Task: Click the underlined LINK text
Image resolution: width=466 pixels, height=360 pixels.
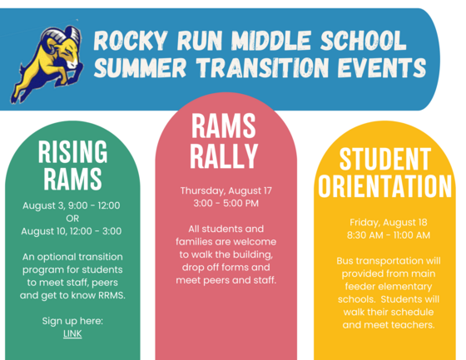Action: (x=72, y=334)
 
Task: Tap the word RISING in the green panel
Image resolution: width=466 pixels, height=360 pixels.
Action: (x=72, y=152)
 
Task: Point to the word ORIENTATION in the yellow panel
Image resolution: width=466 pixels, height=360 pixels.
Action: (x=384, y=186)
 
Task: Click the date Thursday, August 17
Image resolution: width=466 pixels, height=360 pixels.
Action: (x=226, y=190)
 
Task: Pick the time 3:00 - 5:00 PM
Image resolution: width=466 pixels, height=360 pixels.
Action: (x=226, y=203)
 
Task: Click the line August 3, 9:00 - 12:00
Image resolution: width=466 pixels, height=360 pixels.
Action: (x=72, y=205)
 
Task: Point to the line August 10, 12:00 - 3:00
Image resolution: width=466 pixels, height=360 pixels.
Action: (x=72, y=231)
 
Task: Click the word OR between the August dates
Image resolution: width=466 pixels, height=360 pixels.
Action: (x=72, y=219)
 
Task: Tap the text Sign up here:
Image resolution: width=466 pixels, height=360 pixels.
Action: (x=72, y=321)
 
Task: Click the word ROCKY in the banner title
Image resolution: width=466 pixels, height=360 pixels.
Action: (x=128, y=41)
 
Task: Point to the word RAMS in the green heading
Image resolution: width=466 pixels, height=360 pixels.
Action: (x=72, y=179)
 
